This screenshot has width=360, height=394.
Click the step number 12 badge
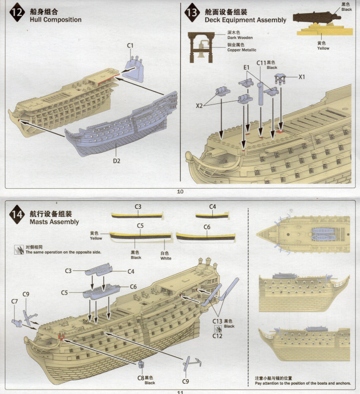(x=18, y=13)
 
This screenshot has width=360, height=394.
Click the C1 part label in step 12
(x=131, y=45)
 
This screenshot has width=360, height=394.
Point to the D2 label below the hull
(x=117, y=160)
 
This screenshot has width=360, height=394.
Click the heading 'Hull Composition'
(x=56, y=20)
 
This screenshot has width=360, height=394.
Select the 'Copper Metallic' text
(x=242, y=50)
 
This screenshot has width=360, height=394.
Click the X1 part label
(x=302, y=77)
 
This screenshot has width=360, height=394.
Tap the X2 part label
(x=200, y=105)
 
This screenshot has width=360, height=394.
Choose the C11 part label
(x=262, y=63)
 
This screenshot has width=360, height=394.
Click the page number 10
(x=180, y=191)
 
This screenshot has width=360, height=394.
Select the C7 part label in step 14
(x=15, y=301)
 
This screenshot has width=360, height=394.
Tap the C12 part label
(x=216, y=336)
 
